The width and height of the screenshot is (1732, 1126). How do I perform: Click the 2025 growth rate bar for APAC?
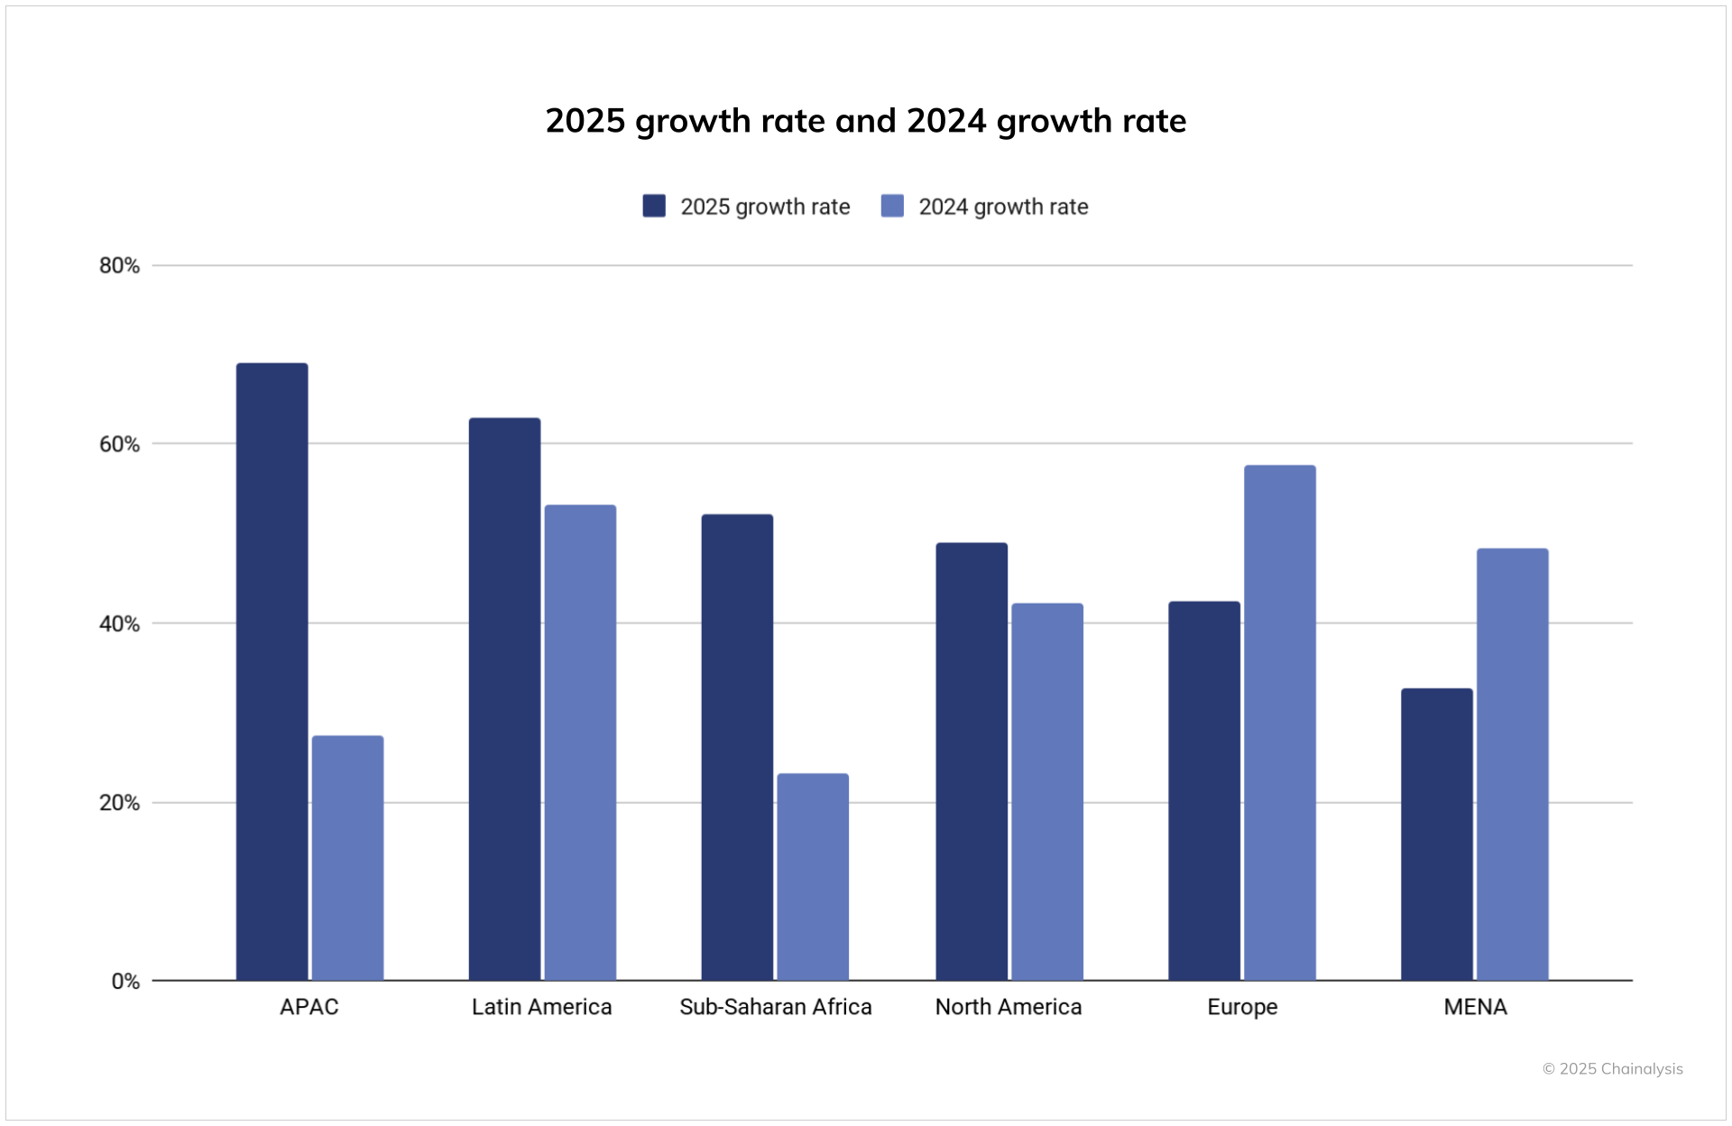click(x=272, y=672)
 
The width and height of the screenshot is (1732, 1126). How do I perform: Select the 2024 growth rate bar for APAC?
click(x=347, y=858)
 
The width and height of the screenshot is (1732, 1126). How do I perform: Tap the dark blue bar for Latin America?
click(x=504, y=699)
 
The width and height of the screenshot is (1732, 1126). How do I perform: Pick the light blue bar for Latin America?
click(x=580, y=743)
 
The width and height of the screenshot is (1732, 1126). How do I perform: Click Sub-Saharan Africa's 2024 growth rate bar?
click(x=813, y=877)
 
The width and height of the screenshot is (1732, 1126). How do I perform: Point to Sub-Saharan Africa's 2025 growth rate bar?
click(x=737, y=747)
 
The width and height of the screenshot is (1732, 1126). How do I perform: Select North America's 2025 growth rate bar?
click(x=972, y=761)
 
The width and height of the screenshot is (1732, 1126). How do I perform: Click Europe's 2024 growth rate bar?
click(x=1279, y=723)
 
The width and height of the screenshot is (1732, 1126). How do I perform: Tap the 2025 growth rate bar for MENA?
click(x=1436, y=835)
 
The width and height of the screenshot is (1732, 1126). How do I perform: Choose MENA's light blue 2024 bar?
click(x=1512, y=764)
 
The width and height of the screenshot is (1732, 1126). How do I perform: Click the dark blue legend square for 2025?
click(x=654, y=206)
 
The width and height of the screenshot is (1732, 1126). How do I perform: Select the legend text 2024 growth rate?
click(x=1003, y=207)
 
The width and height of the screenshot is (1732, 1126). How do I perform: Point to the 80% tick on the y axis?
click(x=119, y=265)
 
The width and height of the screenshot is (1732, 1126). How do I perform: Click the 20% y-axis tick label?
click(x=119, y=802)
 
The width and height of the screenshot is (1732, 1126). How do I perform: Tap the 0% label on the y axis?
click(x=125, y=981)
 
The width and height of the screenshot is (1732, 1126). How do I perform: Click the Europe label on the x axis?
click(x=1242, y=1007)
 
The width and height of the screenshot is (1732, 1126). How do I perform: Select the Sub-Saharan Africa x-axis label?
click(x=775, y=1007)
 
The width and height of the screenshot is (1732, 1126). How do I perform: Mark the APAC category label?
click(x=309, y=1007)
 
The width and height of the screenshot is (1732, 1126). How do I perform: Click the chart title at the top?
click(x=865, y=121)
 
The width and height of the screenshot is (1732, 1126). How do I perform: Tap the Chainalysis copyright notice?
click(x=1612, y=1068)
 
